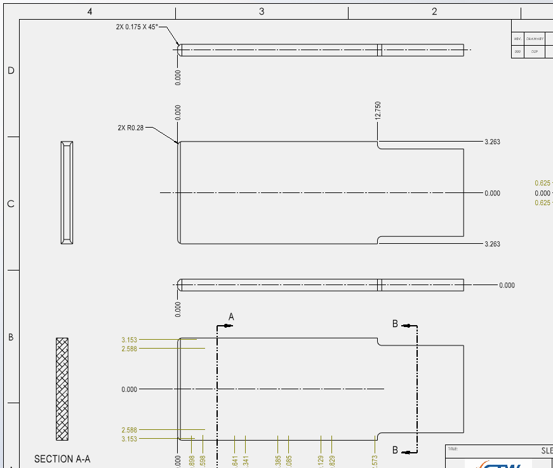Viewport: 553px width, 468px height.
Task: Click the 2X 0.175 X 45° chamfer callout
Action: point(136,27)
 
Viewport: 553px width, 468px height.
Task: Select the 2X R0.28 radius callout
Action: point(131,128)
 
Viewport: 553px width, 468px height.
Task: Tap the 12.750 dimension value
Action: point(378,110)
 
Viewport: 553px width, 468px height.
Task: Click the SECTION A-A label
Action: point(62,458)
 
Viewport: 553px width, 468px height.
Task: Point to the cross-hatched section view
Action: point(62,389)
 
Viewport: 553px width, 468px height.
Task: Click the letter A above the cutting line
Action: point(231,316)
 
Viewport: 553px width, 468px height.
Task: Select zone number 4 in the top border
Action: point(90,11)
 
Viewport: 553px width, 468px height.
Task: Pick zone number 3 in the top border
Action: point(262,11)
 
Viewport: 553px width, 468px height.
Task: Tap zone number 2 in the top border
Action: point(434,11)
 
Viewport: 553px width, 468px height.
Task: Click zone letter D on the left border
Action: point(11,70)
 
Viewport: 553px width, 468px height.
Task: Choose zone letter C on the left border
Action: point(11,204)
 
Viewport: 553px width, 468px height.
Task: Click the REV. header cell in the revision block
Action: point(517,39)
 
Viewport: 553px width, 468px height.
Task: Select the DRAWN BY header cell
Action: point(535,39)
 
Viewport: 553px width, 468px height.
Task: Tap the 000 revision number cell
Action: point(517,51)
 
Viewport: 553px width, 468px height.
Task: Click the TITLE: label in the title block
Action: point(453,449)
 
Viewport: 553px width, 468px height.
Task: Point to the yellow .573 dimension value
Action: point(375,461)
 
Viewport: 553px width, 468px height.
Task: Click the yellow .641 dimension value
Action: point(235,461)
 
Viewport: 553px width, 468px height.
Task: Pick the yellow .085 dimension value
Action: point(288,461)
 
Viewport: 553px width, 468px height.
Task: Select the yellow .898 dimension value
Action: point(192,461)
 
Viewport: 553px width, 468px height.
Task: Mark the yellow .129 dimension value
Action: point(321,461)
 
